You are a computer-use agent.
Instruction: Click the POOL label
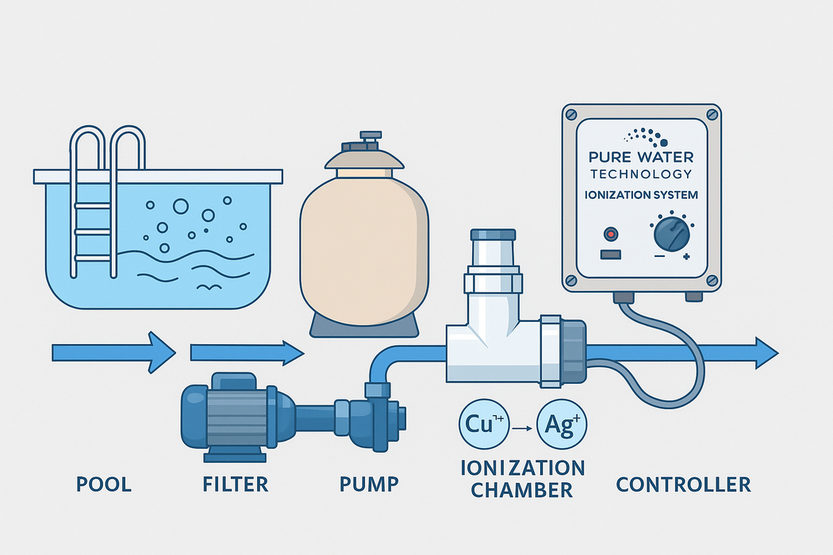coord(104,484)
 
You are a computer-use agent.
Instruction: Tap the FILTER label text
coord(235,484)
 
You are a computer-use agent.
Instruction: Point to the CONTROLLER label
coord(683,484)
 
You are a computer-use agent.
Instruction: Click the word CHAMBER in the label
coord(521,490)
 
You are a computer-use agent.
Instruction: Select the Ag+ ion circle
coord(561,424)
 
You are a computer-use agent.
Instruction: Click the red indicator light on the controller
coord(610,235)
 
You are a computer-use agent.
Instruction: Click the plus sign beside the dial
coord(686,256)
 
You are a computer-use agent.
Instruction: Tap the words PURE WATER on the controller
coord(641,159)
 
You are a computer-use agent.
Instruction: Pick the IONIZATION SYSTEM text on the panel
coord(640,194)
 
